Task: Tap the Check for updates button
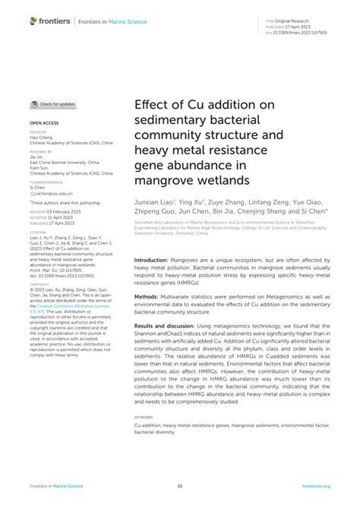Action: click(x=53, y=104)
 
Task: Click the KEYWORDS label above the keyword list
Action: click(x=144, y=417)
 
